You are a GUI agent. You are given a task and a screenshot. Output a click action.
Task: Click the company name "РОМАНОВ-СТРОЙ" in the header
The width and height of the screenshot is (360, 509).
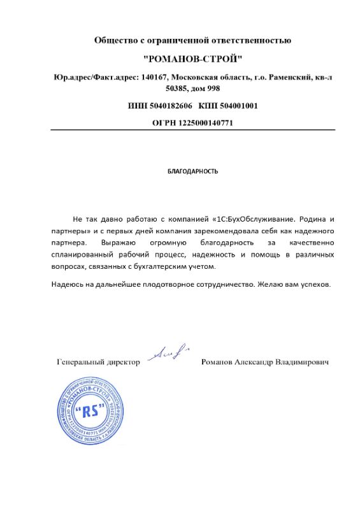(x=192, y=59)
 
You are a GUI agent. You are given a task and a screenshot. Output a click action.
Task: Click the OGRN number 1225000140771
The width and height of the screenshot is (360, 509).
(x=205, y=123)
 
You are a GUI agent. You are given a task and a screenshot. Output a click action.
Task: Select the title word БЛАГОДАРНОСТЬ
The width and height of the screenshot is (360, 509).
(x=192, y=171)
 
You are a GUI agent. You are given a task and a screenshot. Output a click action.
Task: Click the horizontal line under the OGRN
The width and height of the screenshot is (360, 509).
(x=192, y=130)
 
